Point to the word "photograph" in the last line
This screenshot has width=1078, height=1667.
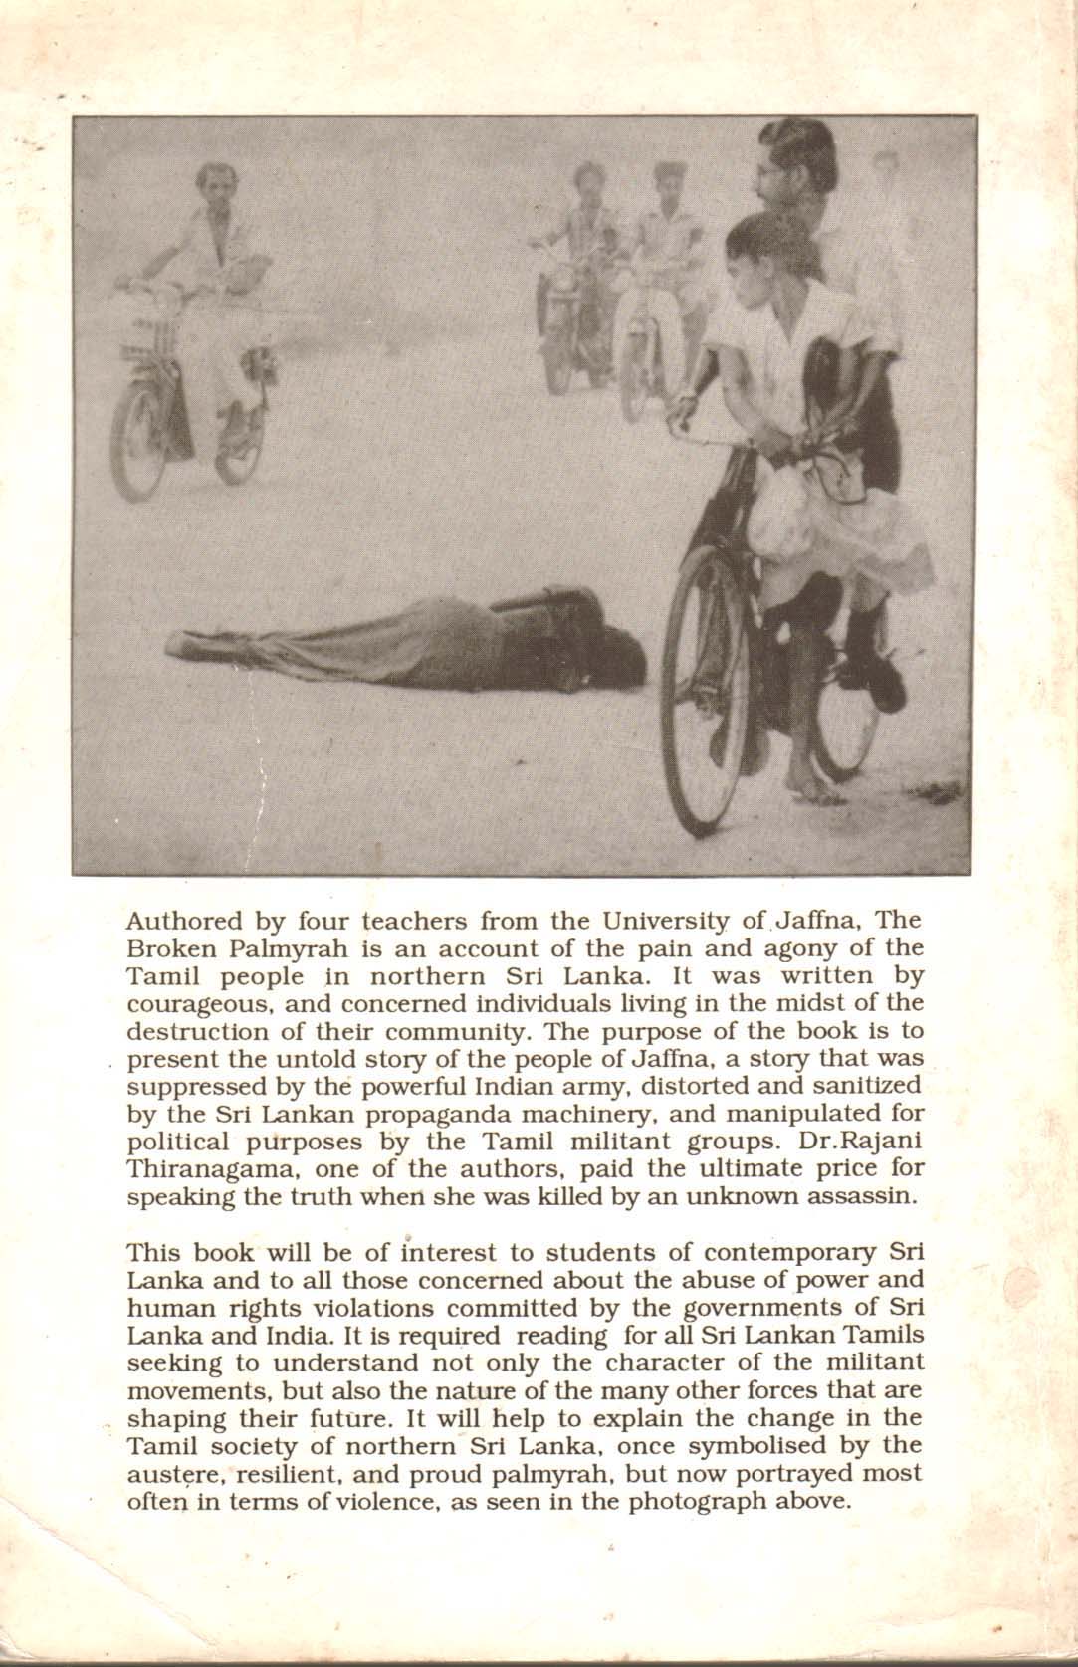675,1501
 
